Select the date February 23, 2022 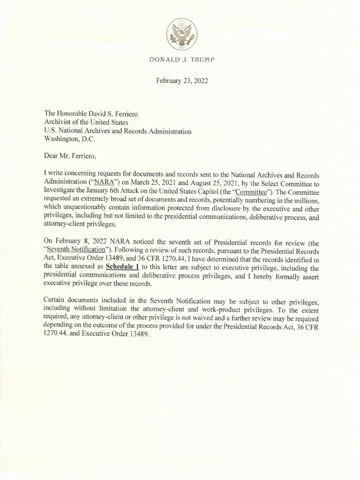pyautogui.click(x=181, y=81)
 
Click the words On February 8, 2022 pyautogui.click(x=75, y=240)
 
